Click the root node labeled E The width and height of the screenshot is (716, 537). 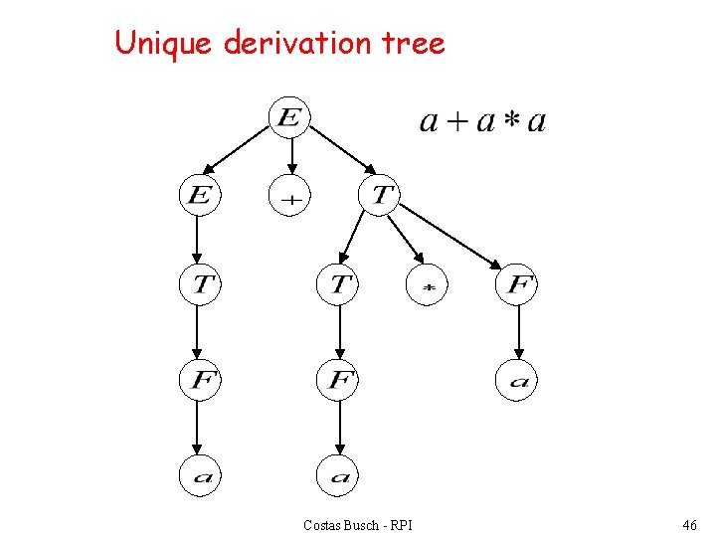click(x=289, y=118)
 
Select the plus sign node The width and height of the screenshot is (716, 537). click(x=289, y=196)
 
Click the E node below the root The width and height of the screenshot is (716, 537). click(x=199, y=194)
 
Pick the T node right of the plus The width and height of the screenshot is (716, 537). click(x=382, y=194)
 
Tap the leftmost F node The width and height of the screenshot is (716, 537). click(x=199, y=380)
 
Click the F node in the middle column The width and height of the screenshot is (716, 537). click(x=338, y=380)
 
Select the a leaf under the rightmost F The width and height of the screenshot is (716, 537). click(x=517, y=380)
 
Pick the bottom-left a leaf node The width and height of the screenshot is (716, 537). click(x=199, y=475)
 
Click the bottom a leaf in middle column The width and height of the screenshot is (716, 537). click(x=338, y=475)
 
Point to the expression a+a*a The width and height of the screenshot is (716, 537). click(x=482, y=121)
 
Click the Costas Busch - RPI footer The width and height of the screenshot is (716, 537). click(x=358, y=524)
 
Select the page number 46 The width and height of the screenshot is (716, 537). click(x=689, y=524)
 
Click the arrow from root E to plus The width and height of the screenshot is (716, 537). click(x=289, y=155)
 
